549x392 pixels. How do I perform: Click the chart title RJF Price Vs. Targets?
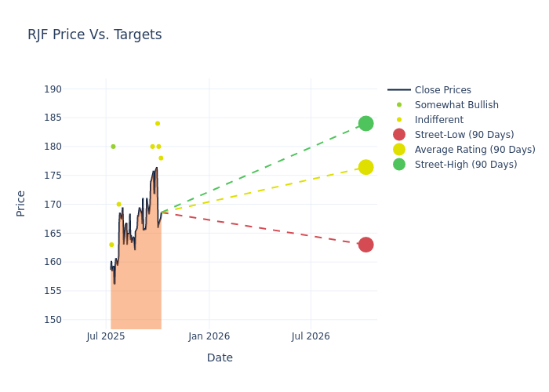click(x=94, y=35)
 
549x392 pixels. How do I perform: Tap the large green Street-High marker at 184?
click(x=365, y=124)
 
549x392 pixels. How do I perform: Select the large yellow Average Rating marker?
click(x=365, y=167)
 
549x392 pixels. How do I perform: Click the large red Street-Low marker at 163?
click(x=365, y=245)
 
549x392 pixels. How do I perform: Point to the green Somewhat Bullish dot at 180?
click(x=113, y=147)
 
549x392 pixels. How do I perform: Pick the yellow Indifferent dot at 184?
click(x=158, y=124)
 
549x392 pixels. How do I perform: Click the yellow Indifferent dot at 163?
click(x=111, y=245)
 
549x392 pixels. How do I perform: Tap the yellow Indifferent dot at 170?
click(x=119, y=205)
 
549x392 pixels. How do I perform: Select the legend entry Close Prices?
click(x=442, y=90)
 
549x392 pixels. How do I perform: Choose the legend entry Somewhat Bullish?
click(x=456, y=105)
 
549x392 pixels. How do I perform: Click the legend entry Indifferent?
click(x=438, y=120)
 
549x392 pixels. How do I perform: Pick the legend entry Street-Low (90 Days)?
click(x=464, y=135)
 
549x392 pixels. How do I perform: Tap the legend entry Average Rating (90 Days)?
click(x=474, y=150)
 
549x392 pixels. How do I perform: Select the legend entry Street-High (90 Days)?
click(x=465, y=165)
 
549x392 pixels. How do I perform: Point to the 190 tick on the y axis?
click(x=53, y=89)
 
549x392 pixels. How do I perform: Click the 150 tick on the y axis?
click(x=53, y=320)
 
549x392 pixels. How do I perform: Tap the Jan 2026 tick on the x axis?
click(x=209, y=336)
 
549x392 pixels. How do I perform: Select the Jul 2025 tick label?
click(x=106, y=336)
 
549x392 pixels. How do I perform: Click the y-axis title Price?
click(x=21, y=203)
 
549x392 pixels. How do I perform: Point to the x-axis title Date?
click(x=220, y=358)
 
